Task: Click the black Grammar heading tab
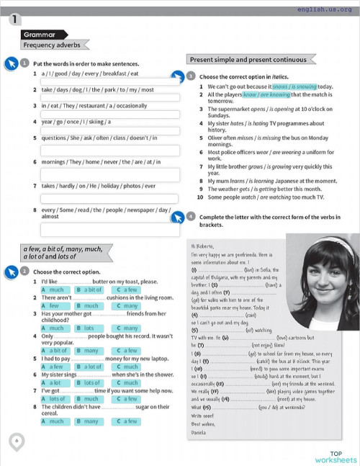(x=40, y=34)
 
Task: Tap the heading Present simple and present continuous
(x=247, y=60)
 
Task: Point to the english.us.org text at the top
(x=325, y=9)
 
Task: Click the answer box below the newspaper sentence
(x=110, y=228)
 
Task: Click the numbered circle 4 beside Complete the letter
(x=190, y=215)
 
